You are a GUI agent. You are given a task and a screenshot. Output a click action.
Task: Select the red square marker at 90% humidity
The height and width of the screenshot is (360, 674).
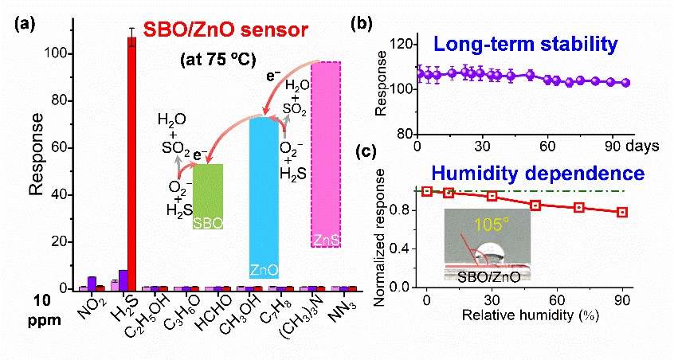[622, 212]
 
